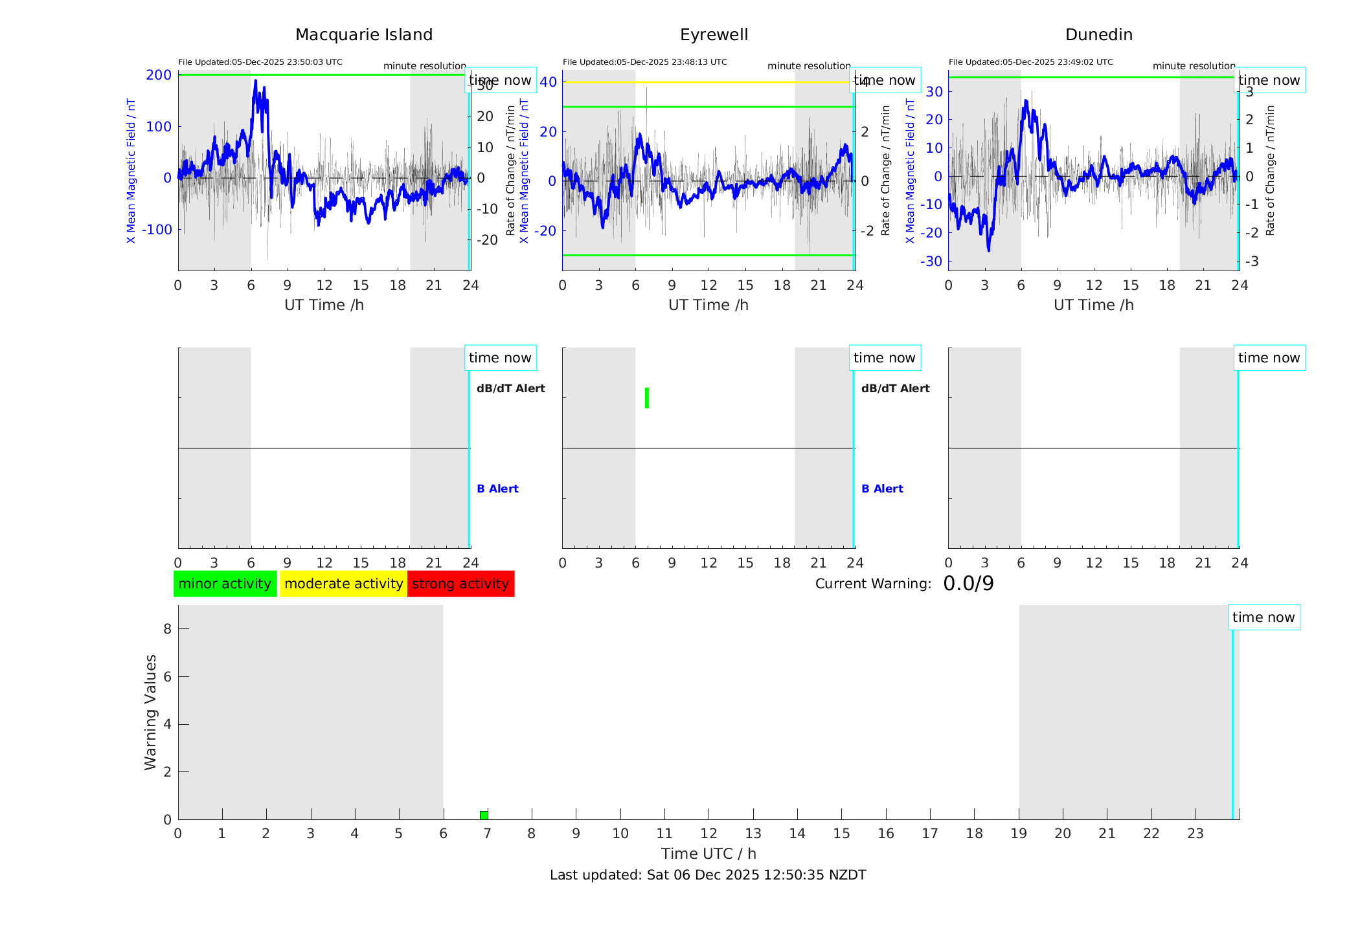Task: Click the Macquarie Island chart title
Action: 363,35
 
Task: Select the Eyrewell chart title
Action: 714,35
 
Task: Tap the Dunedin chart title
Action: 1098,35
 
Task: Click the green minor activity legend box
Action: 225,584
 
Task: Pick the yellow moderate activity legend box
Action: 343,584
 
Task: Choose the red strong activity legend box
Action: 460,584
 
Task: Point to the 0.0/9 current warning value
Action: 968,584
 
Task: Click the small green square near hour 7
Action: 484,815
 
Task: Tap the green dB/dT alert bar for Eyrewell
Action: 647,398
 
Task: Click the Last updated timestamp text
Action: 708,875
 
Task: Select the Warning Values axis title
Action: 150,712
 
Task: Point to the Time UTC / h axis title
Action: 708,854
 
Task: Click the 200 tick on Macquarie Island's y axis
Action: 159,75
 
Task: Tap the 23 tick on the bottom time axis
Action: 1195,834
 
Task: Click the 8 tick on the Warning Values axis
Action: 167,628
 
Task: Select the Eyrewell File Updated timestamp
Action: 644,62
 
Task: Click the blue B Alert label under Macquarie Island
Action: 497,489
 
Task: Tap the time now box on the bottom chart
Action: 1263,617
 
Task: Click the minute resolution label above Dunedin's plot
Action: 1194,66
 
